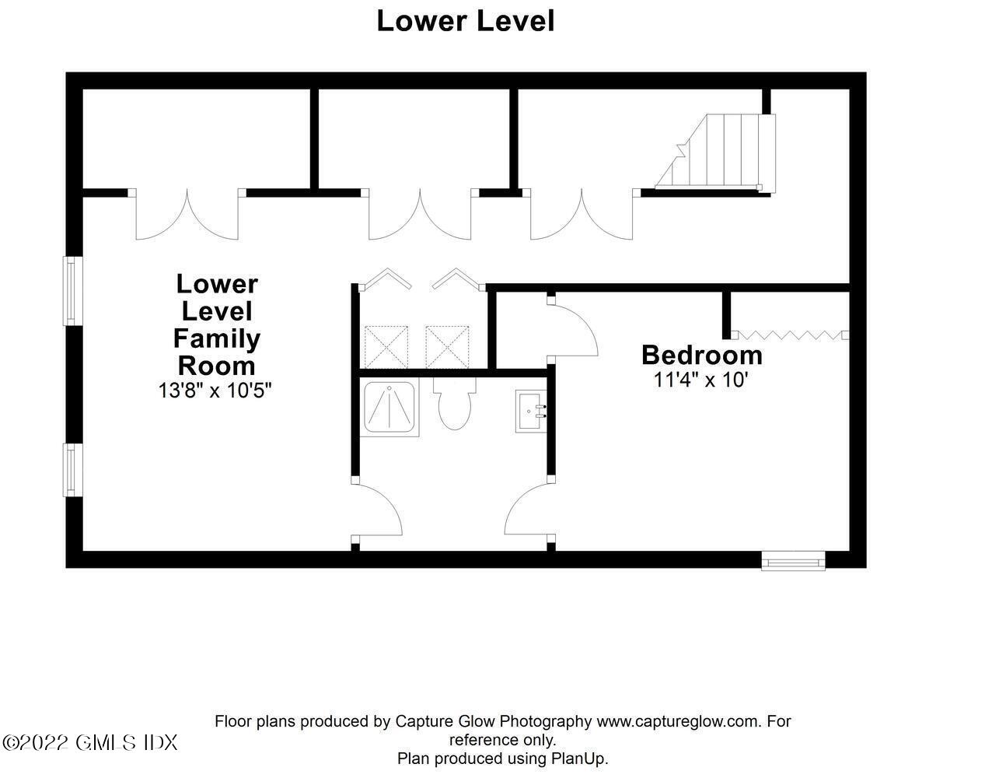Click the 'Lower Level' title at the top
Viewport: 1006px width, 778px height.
(465, 21)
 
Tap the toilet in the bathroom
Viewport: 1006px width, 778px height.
(455, 403)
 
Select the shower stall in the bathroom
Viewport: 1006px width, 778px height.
(389, 407)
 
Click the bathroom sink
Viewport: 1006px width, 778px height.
(531, 412)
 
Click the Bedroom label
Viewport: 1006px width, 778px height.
(702, 356)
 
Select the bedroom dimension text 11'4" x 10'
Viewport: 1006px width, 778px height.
(701, 380)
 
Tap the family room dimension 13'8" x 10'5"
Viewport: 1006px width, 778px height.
(215, 391)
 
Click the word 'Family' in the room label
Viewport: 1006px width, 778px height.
(217, 339)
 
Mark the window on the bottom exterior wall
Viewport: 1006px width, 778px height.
(794, 562)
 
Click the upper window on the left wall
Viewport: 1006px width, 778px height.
(72, 291)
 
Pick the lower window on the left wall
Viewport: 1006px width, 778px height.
(72, 470)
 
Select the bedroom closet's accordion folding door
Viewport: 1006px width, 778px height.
(791, 335)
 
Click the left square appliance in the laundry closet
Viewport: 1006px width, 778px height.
(386, 347)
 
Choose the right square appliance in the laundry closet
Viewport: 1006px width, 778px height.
(447, 347)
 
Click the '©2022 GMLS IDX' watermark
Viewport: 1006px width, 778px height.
(90, 743)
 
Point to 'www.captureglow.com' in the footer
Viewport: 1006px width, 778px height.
(679, 721)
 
